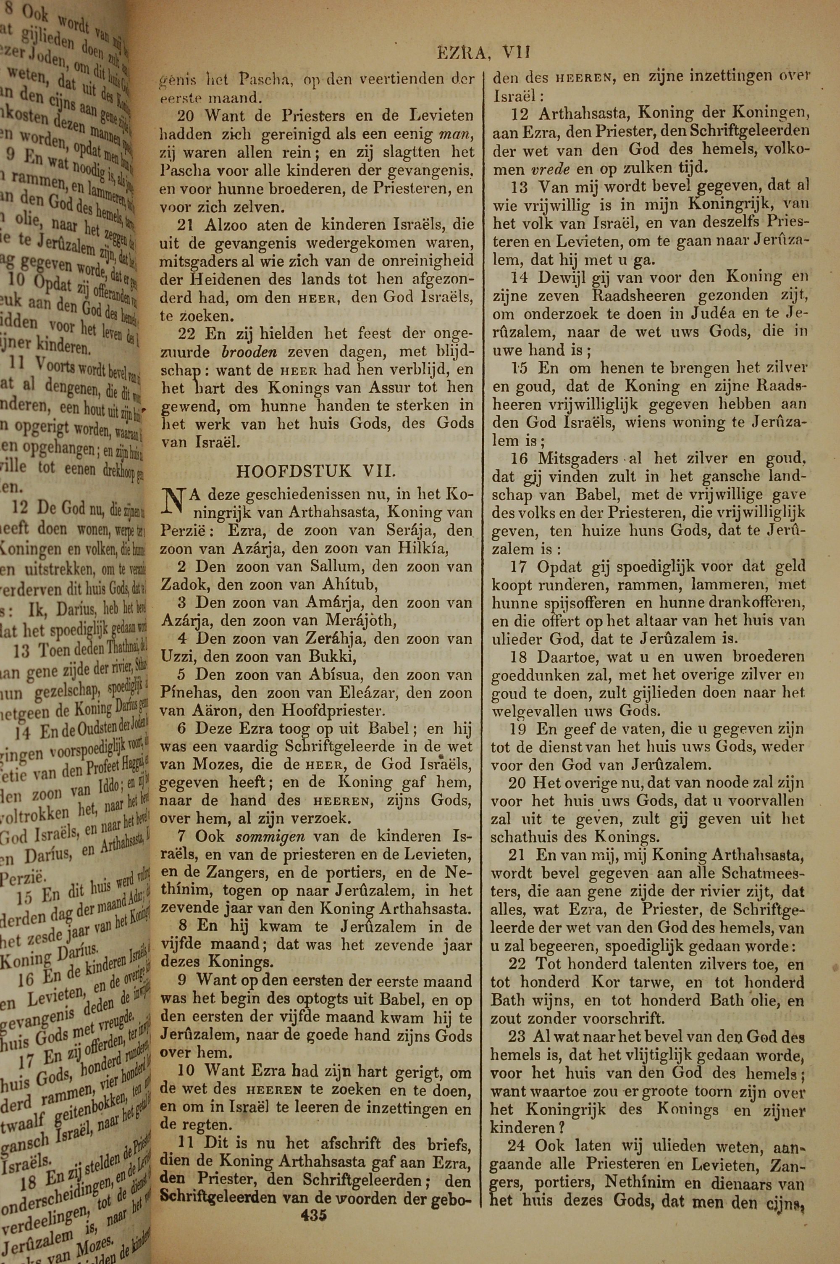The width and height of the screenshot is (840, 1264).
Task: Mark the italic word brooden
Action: pos(249,352)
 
